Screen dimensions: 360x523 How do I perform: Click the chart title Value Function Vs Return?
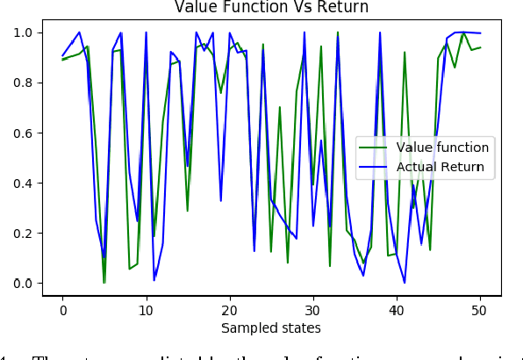tap(272, 8)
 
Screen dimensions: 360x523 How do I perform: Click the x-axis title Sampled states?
tap(272, 328)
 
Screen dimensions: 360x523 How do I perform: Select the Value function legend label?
tap(443, 147)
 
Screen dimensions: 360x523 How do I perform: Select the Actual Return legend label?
tap(441, 166)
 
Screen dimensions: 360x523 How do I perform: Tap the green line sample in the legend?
tap(376, 147)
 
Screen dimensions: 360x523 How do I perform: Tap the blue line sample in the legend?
tap(376, 166)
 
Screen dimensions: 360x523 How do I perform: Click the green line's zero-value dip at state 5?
tap(104, 282)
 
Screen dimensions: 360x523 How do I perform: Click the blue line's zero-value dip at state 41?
tap(405, 282)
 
